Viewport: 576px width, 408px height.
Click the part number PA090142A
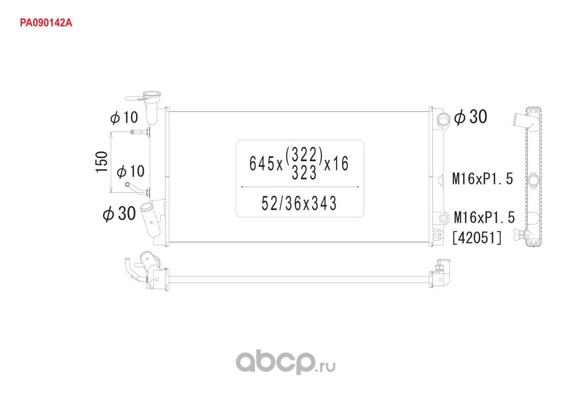pos(46,23)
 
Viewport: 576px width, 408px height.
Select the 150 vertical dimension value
pos(102,162)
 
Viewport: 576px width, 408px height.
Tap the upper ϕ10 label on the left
pos(124,118)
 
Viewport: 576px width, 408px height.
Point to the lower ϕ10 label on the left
pos(131,171)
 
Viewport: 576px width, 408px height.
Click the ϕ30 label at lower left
pos(119,214)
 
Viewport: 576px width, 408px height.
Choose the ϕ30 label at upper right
pos(471,117)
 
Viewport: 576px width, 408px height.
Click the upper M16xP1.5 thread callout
pos(482,179)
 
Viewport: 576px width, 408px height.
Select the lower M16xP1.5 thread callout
pos(484,217)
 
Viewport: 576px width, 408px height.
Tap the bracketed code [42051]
pos(477,238)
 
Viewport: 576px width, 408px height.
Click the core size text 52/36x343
pos(299,203)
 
